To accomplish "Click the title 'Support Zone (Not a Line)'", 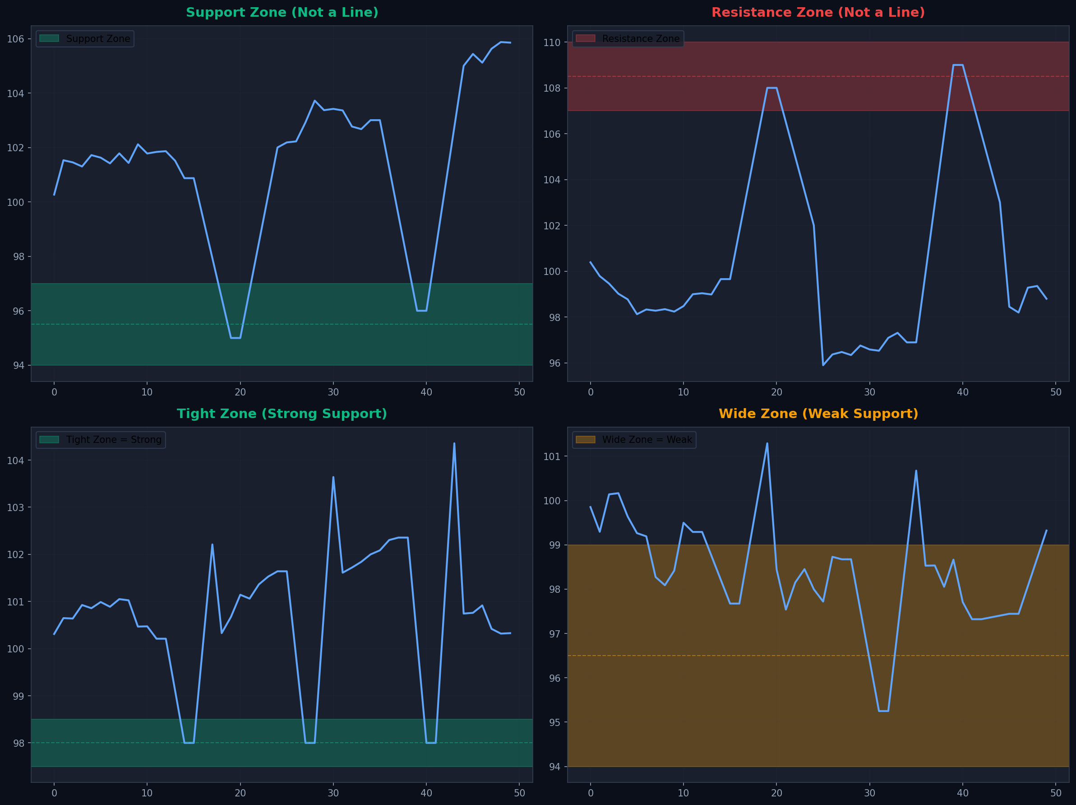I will point(282,13).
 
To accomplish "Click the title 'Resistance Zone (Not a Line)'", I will point(818,13).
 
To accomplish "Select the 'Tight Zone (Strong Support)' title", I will point(282,414).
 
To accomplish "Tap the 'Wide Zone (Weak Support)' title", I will point(818,414).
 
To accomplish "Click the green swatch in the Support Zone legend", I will point(49,38).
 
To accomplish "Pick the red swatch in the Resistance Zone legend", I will point(585,38).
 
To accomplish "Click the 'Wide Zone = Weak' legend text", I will point(647,439).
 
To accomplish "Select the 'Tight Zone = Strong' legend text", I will point(113,439).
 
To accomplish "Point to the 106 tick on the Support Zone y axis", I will point(16,39).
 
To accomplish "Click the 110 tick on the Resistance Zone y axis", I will point(552,42).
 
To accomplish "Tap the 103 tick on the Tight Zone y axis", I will point(16,507).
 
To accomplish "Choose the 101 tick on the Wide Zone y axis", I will point(552,456).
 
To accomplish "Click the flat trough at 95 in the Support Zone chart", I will point(236,338).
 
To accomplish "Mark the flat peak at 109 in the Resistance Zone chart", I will point(958,65).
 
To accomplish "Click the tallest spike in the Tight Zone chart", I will point(454,443).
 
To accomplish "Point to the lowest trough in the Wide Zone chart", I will point(883,711).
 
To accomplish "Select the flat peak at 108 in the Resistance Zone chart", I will point(772,88).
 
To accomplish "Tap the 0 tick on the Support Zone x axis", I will point(54,392).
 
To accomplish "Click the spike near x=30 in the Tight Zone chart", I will point(333,478).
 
